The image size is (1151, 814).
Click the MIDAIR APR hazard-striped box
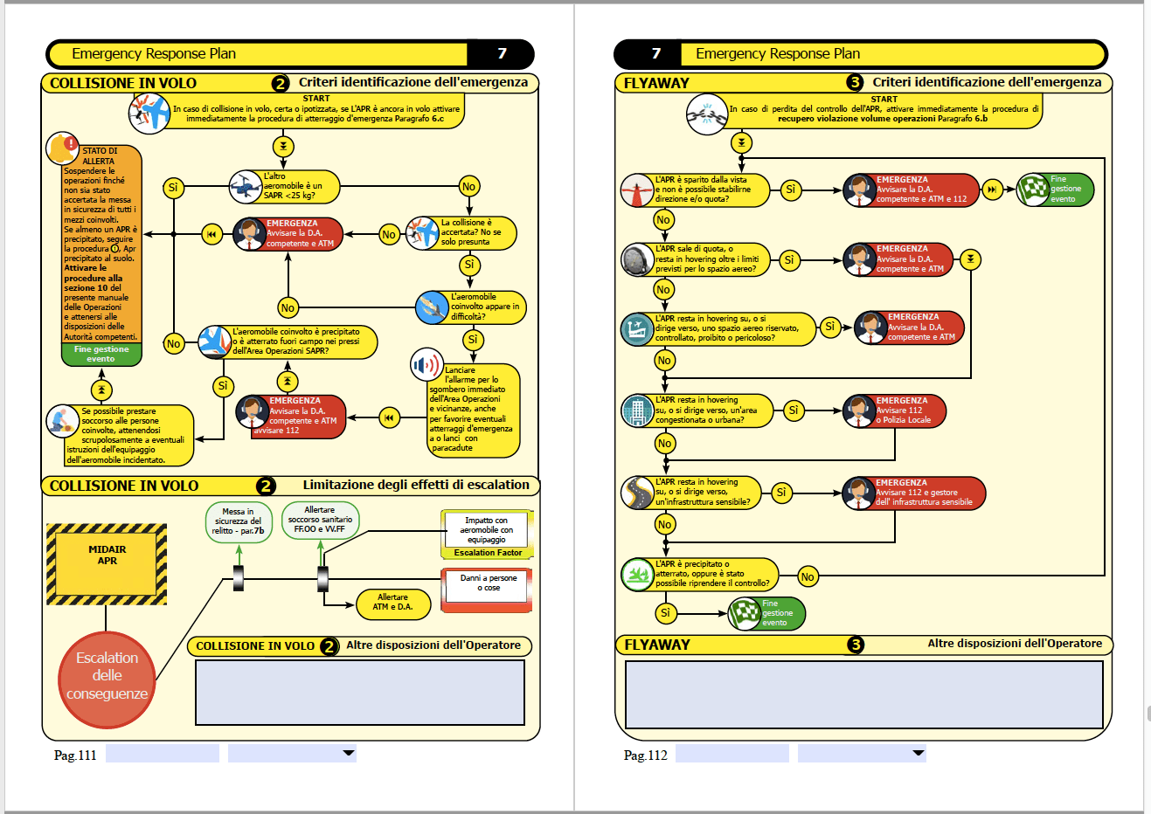pyautogui.click(x=107, y=563)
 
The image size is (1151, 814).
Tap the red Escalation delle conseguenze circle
pyautogui.click(x=107, y=676)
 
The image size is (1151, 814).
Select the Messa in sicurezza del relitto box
pyautogui.click(x=239, y=521)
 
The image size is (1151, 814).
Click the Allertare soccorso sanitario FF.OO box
pyautogui.click(x=320, y=520)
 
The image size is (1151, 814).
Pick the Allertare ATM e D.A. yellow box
pyautogui.click(x=392, y=603)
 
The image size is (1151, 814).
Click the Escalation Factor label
pyautogui.click(x=488, y=553)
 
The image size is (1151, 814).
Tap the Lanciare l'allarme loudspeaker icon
pyautogui.click(x=426, y=365)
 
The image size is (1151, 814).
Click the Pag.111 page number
pyautogui.click(x=75, y=755)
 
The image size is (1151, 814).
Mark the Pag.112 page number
pyautogui.click(x=645, y=755)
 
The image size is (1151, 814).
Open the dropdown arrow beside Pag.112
pyautogui.click(x=918, y=753)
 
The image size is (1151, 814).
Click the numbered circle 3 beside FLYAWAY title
pyautogui.click(x=855, y=82)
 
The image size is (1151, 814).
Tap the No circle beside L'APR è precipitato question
pyautogui.click(x=808, y=576)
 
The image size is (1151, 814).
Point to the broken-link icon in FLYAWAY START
pyautogui.click(x=706, y=114)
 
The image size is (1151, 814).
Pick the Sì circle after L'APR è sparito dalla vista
pyautogui.click(x=790, y=190)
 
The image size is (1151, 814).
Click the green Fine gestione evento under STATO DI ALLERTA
pyautogui.click(x=101, y=354)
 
